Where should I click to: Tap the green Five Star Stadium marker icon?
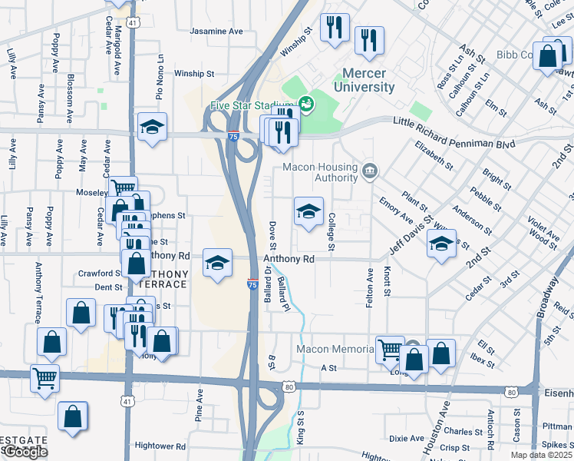tap(305, 104)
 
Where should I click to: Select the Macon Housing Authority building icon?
tap(369, 170)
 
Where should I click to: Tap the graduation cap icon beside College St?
tap(308, 212)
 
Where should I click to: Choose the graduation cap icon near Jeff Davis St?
tap(441, 244)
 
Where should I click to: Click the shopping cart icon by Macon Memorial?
tap(390, 350)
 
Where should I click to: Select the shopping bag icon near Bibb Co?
tap(549, 56)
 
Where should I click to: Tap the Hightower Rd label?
tap(160, 446)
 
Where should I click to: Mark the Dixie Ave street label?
tap(406, 439)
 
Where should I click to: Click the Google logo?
tap(25, 452)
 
